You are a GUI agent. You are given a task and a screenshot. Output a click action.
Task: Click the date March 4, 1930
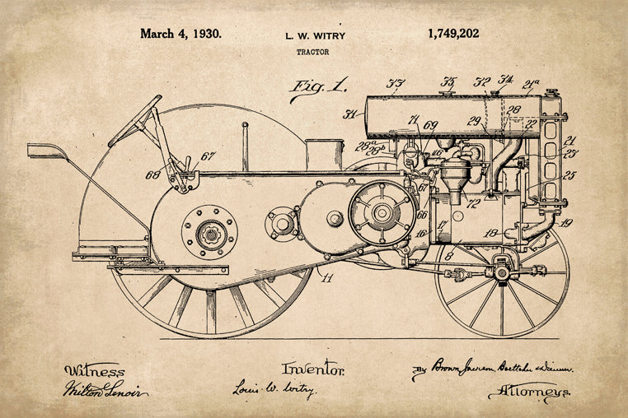click(180, 35)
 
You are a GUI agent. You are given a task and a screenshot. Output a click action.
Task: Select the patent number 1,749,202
click(452, 35)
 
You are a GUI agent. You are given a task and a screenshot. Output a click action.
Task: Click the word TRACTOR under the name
click(312, 52)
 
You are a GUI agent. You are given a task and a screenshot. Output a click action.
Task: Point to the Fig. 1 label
click(316, 87)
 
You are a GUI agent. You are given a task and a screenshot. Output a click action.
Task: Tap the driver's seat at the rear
click(47, 151)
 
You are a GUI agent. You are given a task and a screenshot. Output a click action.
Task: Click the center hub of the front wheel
click(501, 271)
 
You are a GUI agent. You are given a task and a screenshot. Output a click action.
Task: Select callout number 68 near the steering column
click(152, 175)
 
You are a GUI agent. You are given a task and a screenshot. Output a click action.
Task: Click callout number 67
click(208, 156)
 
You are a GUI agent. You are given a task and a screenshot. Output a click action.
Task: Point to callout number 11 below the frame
click(328, 278)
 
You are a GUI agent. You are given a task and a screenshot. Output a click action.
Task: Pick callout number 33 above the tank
click(396, 83)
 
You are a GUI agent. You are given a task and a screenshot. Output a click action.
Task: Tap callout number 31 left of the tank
click(351, 115)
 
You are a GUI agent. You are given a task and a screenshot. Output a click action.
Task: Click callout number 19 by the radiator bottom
click(566, 223)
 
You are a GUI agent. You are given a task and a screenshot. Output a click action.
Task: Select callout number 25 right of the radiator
click(569, 175)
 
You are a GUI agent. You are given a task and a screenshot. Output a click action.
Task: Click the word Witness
click(93, 371)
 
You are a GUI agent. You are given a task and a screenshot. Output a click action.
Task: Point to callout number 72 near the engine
click(474, 202)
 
